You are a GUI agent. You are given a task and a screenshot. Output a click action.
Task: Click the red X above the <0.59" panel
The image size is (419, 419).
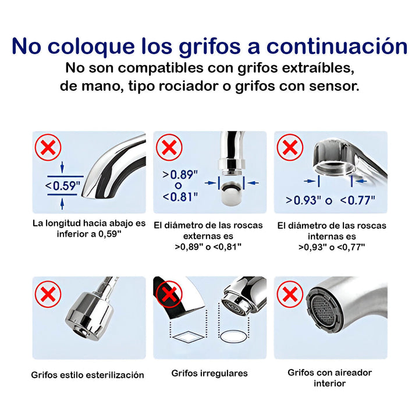click(48, 148)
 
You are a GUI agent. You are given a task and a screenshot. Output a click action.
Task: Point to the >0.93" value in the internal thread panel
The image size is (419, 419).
click(303, 200)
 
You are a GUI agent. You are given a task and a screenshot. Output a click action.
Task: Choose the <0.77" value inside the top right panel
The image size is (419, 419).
click(357, 200)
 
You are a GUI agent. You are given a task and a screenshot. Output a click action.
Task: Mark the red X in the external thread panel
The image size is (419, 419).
click(169, 148)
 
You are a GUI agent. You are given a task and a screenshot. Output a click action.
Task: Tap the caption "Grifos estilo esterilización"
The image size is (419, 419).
click(87, 375)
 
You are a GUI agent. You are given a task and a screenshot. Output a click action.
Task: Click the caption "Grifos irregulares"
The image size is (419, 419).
click(210, 373)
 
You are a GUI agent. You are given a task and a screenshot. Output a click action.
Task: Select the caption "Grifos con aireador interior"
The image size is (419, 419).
click(329, 378)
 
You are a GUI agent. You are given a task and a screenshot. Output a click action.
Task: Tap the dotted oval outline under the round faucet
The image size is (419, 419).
click(236, 336)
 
